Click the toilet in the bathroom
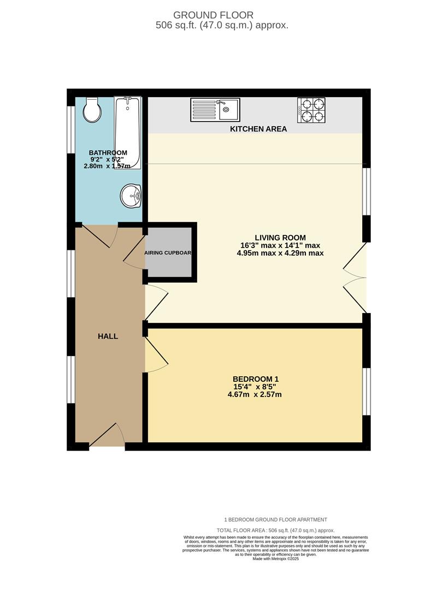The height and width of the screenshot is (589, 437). click(92, 111)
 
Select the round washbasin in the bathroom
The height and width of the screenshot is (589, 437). click(131, 195)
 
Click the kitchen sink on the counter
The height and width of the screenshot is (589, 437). click(215, 110)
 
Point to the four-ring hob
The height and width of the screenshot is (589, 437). click(311, 110)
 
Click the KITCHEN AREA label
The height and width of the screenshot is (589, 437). click(258, 129)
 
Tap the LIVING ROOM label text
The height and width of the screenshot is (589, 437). click(280, 238)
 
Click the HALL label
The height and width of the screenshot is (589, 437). click(108, 336)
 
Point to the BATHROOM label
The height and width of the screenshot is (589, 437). click(108, 153)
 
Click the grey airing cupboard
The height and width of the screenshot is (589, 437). click(168, 253)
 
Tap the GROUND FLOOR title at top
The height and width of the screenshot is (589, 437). click(214, 15)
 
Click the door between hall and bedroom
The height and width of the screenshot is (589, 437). click(156, 356)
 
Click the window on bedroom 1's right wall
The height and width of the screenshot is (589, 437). click(367, 391)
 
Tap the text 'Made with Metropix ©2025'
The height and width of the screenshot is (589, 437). click(276, 558)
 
